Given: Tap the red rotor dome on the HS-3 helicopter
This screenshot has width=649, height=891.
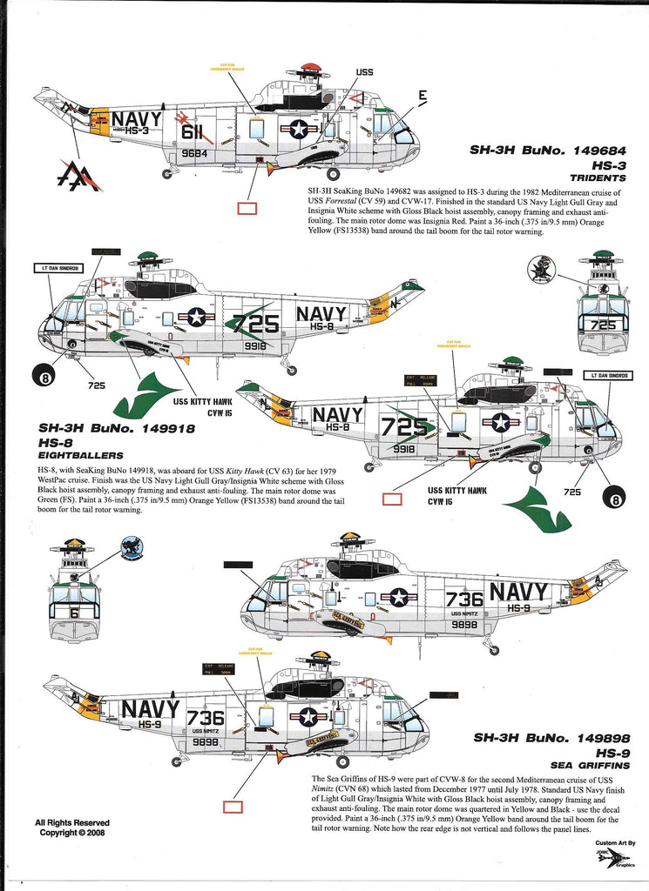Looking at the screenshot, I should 309,68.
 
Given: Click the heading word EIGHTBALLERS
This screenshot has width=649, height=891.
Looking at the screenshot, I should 81,455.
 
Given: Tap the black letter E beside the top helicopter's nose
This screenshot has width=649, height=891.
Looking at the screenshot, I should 422,96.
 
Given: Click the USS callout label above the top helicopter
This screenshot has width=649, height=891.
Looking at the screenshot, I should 364,73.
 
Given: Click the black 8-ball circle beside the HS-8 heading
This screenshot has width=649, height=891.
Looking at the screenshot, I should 44,377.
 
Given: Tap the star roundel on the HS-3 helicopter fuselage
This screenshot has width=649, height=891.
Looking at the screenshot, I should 299,129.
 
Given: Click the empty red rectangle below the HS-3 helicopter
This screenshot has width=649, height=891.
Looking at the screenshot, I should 247,209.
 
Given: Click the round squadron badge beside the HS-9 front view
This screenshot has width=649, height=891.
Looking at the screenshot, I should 132,550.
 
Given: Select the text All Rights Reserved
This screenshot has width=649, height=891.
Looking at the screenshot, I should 72,822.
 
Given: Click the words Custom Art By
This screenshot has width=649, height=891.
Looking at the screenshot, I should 616,843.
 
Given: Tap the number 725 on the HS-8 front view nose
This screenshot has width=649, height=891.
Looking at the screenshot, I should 602,325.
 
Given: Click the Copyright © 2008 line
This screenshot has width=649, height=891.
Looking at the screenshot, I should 72,833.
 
